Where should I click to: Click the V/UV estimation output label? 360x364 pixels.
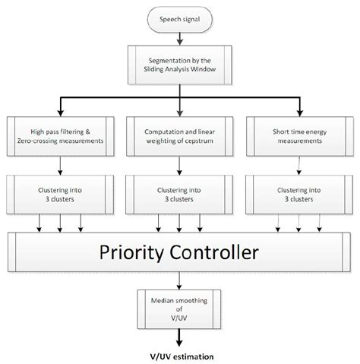(180, 355)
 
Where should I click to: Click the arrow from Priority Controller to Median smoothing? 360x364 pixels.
(180, 280)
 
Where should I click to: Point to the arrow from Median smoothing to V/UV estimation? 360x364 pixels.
(180, 336)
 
